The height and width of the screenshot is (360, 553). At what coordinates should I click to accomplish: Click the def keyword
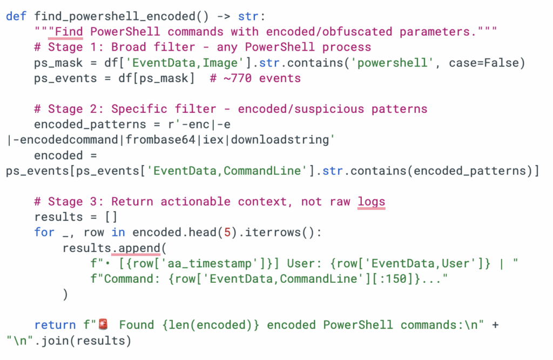16,16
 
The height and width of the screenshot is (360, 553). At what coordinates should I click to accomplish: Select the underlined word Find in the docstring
69,31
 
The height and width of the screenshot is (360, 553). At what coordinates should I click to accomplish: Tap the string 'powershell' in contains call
391,63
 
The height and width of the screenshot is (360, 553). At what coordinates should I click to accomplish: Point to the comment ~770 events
255,78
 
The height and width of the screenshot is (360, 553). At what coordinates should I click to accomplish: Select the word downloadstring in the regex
288,140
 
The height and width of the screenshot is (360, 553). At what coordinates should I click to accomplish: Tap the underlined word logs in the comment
371,201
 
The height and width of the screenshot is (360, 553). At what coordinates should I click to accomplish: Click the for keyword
44,233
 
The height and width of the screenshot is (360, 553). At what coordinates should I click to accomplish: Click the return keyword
55,325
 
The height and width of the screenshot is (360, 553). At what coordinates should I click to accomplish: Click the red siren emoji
103,325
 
